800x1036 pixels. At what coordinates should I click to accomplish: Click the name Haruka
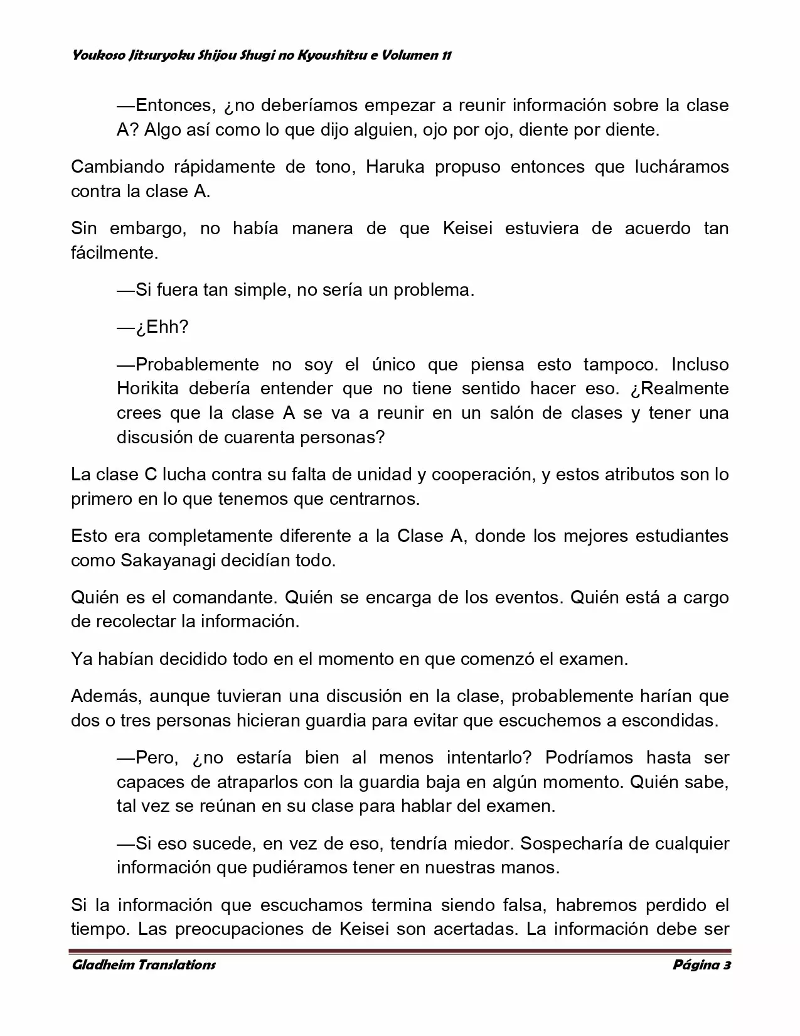(394, 167)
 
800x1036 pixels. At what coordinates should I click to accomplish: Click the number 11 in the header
(445, 55)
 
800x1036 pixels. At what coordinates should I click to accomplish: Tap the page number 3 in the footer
(727, 965)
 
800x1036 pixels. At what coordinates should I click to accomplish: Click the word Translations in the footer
(175, 965)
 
